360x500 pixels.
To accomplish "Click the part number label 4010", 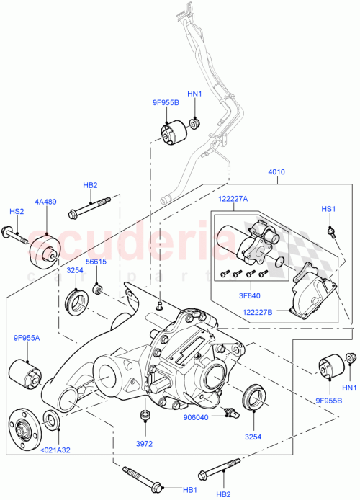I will pyautogui.click(x=277, y=172).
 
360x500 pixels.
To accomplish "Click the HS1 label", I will pyautogui.click(x=328, y=209).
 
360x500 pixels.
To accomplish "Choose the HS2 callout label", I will pyautogui.click(x=17, y=211).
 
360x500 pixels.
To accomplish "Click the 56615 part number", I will pyautogui.click(x=96, y=262).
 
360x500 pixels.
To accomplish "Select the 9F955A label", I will pyautogui.click(x=26, y=337).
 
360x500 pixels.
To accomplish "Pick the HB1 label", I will pyautogui.click(x=190, y=490).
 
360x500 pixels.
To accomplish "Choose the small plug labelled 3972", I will pyautogui.click(x=147, y=416).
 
